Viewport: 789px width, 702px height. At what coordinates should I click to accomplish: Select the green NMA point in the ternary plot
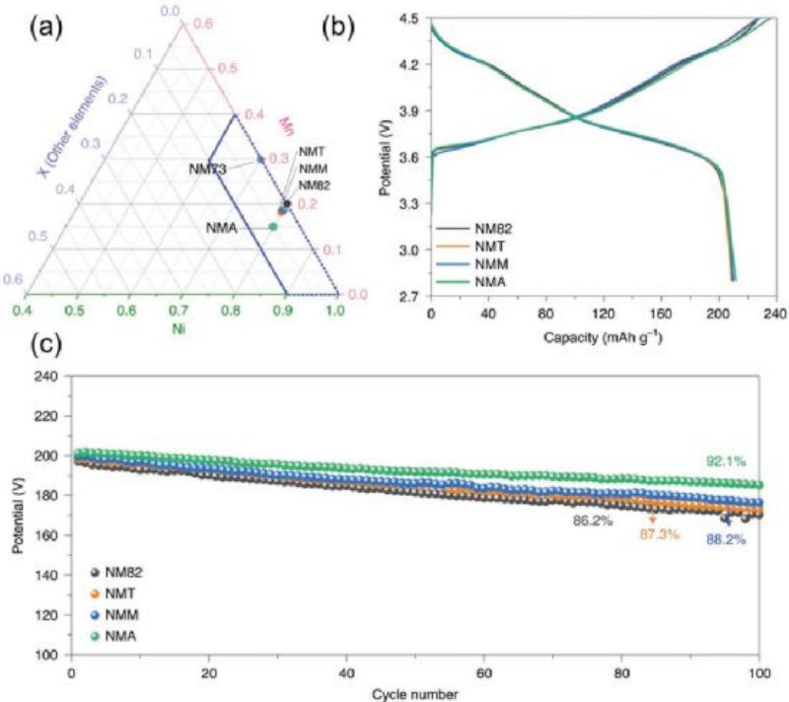tap(273, 227)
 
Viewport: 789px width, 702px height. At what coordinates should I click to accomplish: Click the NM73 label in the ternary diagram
tap(209, 170)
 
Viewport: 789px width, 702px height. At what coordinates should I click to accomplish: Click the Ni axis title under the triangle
tap(179, 329)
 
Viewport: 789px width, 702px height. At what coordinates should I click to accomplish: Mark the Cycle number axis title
tap(415, 690)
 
